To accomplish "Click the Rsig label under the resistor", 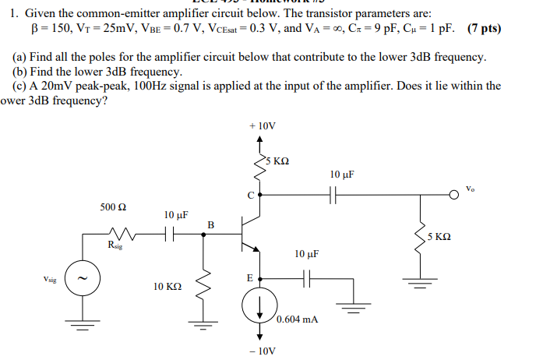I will click(x=115, y=245).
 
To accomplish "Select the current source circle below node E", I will click(x=260, y=309).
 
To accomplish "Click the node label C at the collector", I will click(x=250, y=196).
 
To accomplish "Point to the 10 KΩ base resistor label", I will click(x=168, y=287).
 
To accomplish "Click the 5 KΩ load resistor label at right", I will click(x=439, y=236).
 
